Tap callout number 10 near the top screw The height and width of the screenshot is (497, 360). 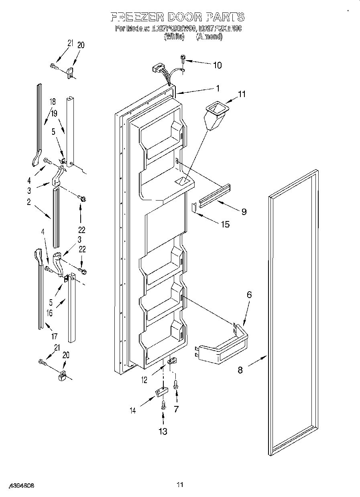click(x=217, y=65)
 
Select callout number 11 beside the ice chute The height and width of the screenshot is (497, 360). click(x=242, y=95)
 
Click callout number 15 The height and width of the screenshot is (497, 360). click(x=225, y=224)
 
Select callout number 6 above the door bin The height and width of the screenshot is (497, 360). click(x=249, y=295)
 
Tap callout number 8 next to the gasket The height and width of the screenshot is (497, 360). click(x=240, y=370)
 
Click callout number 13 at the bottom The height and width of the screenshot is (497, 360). click(x=163, y=431)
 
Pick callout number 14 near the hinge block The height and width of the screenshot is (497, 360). click(x=132, y=410)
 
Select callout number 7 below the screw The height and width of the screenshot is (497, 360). click(x=176, y=409)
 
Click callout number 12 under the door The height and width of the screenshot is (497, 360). click(x=144, y=379)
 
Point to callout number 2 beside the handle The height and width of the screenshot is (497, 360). click(x=29, y=203)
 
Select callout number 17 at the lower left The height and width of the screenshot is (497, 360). click(x=55, y=336)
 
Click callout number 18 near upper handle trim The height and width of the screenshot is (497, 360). click(x=52, y=102)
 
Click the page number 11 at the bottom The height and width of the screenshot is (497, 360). click(x=179, y=485)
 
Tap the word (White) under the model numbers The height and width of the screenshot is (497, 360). click(x=174, y=37)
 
